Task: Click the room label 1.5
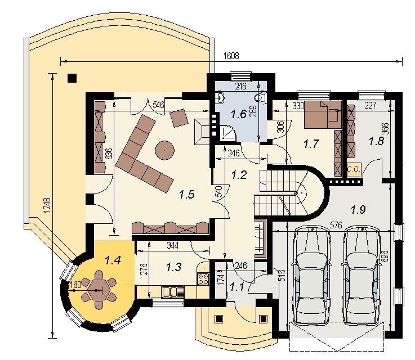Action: pos(187,195)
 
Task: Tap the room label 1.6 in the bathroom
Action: pos(239,114)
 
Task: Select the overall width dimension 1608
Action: pos(231,56)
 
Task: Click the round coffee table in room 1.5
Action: pos(164,150)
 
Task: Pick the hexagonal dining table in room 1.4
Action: pos(99,289)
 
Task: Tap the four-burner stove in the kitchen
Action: pos(203,279)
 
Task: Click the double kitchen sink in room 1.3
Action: pos(170,292)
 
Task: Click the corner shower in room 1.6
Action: pos(226,133)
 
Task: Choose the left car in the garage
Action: pos(311,275)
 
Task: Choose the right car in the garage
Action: pos(362,275)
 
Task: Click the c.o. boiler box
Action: pos(354,169)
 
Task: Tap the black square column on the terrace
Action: pos(72,78)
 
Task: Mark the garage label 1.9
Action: pos(358,210)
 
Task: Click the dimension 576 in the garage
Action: pos(336,225)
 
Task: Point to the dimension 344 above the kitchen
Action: pos(172,245)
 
